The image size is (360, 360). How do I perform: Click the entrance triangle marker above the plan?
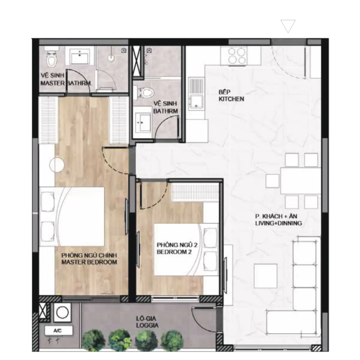pos(288,26)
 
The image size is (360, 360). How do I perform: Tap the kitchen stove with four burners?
pos(237,55)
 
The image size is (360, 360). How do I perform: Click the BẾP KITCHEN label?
pos(231,95)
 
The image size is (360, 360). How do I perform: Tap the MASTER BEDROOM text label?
pos(89,262)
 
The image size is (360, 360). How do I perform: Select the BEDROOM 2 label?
pos(174,252)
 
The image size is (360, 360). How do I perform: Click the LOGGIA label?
pos(147,325)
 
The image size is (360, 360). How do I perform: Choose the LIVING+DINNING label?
pos(278,223)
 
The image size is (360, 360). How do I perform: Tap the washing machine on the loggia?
pos(63,312)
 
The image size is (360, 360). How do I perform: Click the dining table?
pos(300,181)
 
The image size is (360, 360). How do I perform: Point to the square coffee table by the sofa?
pos(265,276)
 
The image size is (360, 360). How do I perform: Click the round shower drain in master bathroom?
pos(111,58)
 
